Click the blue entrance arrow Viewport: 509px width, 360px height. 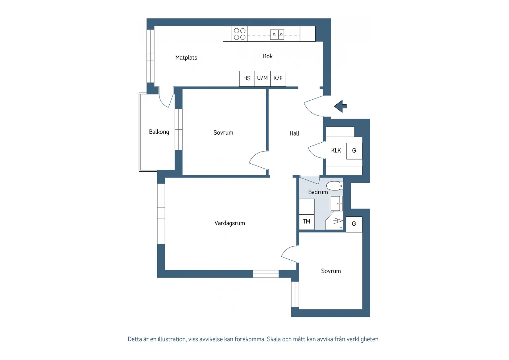(x=340, y=106)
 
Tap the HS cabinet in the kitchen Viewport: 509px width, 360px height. (x=247, y=79)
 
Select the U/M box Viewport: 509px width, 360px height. (x=263, y=79)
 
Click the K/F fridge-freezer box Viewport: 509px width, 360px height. (x=278, y=79)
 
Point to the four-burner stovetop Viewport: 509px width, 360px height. (x=239, y=34)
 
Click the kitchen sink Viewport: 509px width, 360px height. (x=277, y=35)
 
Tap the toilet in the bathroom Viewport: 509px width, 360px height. (x=335, y=186)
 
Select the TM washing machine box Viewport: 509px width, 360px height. (x=307, y=222)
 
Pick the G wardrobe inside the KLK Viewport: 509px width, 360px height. (x=354, y=151)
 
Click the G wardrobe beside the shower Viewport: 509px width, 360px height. (x=354, y=224)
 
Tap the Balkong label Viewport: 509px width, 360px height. (x=159, y=132)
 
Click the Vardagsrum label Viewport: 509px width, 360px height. (x=230, y=223)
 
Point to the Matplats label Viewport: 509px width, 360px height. (x=186, y=58)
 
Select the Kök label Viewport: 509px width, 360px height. (x=268, y=56)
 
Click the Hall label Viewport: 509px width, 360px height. (x=294, y=133)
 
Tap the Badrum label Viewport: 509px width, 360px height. (x=318, y=192)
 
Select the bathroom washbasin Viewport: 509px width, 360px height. (x=337, y=203)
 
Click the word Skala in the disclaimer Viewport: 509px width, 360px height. (x=274, y=339)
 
